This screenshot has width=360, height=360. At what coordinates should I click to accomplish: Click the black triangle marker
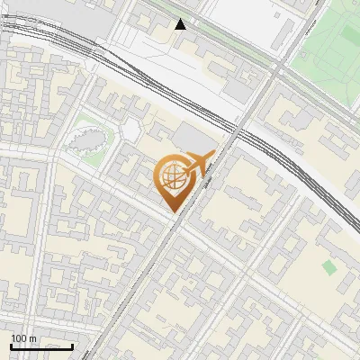point(181,24)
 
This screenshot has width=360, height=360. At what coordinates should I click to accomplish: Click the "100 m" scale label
point(23,338)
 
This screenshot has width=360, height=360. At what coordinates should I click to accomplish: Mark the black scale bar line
point(41,346)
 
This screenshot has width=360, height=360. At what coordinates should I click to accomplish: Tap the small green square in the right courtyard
point(329,267)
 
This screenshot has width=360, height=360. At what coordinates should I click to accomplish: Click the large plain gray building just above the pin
point(193,138)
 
